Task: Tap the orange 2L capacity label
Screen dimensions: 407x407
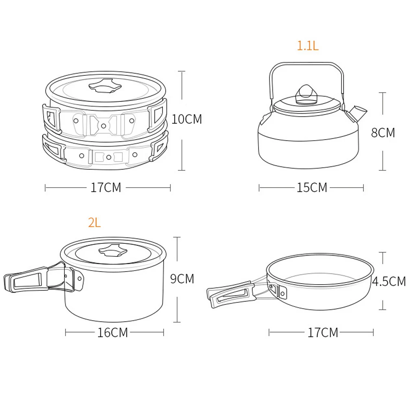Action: click(94, 223)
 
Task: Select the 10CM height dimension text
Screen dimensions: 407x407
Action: click(187, 119)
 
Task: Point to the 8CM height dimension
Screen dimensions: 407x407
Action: click(383, 133)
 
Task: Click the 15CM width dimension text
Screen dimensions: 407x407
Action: click(312, 188)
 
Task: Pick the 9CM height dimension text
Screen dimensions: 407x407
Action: click(182, 279)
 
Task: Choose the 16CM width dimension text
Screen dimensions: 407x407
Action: click(112, 333)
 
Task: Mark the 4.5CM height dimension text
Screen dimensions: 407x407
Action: click(389, 281)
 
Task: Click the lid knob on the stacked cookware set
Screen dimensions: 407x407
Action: click(105, 86)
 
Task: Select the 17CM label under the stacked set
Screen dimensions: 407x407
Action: click(106, 188)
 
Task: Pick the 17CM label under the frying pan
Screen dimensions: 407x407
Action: click(323, 333)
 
